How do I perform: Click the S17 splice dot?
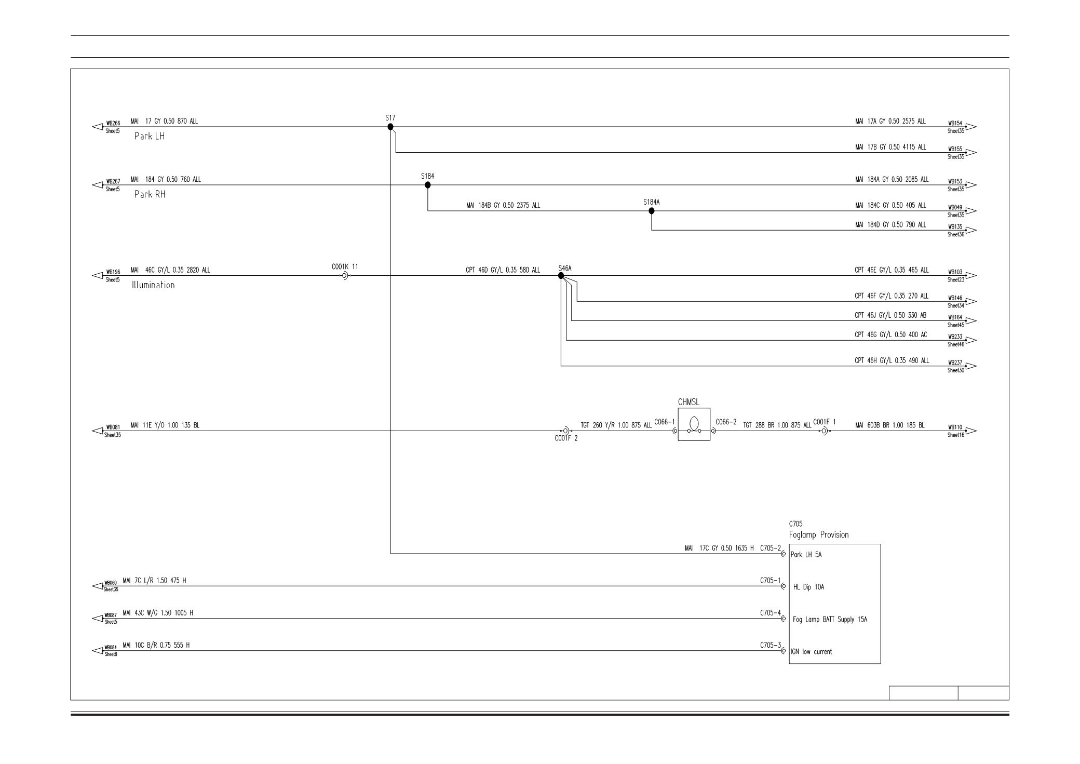pos(390,127)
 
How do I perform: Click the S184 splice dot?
pos(428,185)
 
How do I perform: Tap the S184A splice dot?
pos(652,211)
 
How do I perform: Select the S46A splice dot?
pos(561,276)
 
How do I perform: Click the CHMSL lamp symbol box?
pos(694,424)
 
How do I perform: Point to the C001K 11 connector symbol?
pos(345,276)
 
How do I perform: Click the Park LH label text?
pos(150,137)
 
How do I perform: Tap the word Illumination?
pos(153,285)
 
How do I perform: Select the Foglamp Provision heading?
pos(819,535)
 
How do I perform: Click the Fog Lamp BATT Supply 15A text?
pos(830,620)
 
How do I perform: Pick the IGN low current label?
pos(811,652)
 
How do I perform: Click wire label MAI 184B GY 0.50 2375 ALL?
pos(503,206)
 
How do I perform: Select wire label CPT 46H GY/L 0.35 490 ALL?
pos(892,361)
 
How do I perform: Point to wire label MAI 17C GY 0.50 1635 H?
pos(719,548)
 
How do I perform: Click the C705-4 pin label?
pos(770,613)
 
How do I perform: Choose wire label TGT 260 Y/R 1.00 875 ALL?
pos(616,425)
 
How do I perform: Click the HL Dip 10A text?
pos(808,587)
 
